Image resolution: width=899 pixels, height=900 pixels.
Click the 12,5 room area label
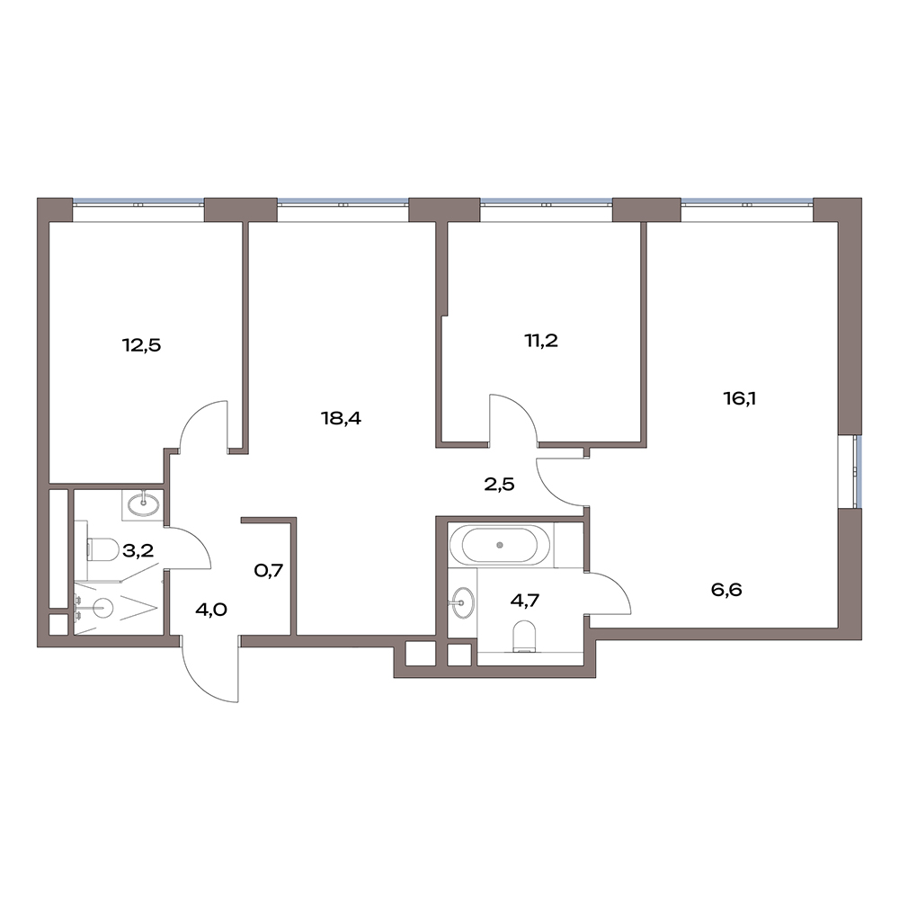click(141, 345)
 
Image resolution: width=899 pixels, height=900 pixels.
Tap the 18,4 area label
click(341, 418)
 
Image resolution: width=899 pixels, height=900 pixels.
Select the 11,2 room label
click(541, 341)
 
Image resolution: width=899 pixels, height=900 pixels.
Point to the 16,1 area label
click(739, 398)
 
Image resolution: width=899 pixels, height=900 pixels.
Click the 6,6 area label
click(726, 590)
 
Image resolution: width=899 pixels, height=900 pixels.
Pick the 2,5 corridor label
click(498, 485)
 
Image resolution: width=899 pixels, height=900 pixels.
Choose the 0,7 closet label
click(269, 571)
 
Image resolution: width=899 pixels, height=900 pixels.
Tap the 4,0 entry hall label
click(211, 610)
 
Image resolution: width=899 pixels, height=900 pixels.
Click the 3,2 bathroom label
click(138, 551)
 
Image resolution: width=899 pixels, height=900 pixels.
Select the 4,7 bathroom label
click(525, 601)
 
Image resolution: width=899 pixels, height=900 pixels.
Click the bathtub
click(501, 545)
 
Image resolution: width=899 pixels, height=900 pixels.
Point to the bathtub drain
click(500, 544)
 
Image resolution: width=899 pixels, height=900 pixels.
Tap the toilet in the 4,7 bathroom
click(525, 637)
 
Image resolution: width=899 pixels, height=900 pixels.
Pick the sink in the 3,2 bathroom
click(144, 504)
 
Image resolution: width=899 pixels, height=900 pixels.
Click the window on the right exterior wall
click(857, 470)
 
